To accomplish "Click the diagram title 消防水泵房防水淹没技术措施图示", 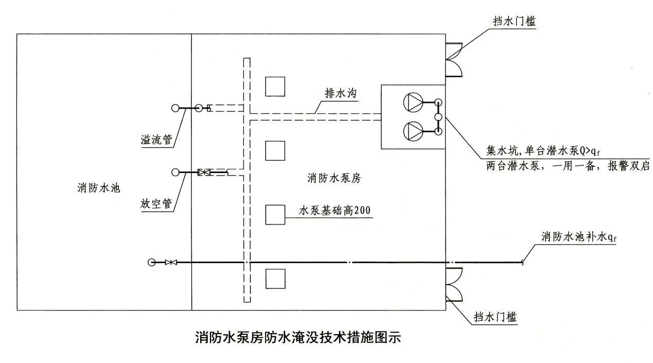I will [297, 338].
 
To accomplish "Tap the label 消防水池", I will [95, 188].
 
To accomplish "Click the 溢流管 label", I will [156, 139].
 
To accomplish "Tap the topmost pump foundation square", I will [275, 87].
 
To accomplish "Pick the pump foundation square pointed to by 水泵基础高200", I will [275, 215].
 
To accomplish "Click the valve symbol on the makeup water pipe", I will [171, 263].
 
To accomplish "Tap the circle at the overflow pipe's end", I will [175, 108].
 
